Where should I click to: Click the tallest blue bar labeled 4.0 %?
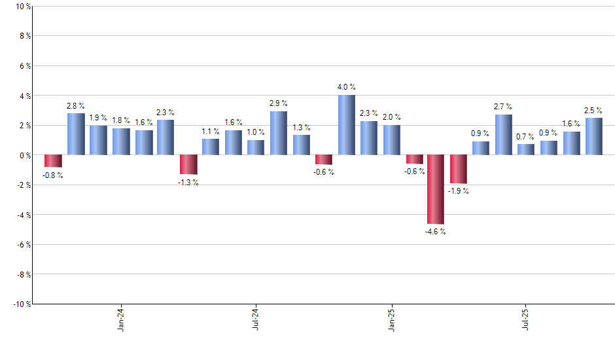(346, 125)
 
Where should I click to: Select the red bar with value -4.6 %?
(436, 189)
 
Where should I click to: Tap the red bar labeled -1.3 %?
(188, 164)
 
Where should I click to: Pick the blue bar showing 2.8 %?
(76, 134)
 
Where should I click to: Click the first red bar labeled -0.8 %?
(53, 161)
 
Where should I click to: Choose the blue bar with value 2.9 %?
(279, 133)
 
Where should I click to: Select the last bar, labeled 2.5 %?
(594, 136)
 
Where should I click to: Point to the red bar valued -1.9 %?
(458, 169)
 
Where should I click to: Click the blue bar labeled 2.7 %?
(503, 135)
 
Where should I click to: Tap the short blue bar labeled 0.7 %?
(526, 149)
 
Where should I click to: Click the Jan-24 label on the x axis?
(121, 320)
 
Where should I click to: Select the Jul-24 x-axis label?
(256, 320)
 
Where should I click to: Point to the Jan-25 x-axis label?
(391, 320)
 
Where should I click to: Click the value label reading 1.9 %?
(98, 118)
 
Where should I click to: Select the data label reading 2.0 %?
(391, 117)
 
